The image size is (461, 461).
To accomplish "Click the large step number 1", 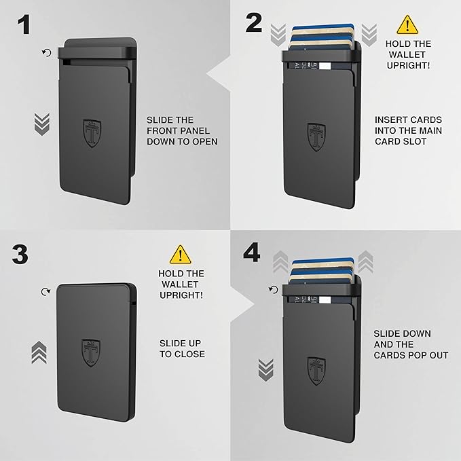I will (23, 25).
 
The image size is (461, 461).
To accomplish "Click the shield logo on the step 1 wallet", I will (92, 132).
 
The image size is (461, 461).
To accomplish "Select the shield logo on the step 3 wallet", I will (91, 352).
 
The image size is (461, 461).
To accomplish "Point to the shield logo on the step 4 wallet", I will (316, 370).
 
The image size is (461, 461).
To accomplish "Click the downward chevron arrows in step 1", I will (42, 123).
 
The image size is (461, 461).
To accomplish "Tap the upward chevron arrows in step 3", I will (40, 353).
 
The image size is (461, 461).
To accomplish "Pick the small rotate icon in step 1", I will (46, 52).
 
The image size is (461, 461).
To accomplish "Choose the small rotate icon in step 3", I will (45, 291).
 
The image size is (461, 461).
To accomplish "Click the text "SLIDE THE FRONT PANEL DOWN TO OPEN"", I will (182, 130).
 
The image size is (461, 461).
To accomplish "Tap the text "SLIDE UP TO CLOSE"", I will (182, 348).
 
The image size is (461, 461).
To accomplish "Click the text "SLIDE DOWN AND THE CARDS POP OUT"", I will (411, 344).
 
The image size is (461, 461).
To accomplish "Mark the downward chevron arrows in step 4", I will (266, 369).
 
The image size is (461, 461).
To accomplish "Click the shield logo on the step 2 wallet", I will (316, 136).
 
